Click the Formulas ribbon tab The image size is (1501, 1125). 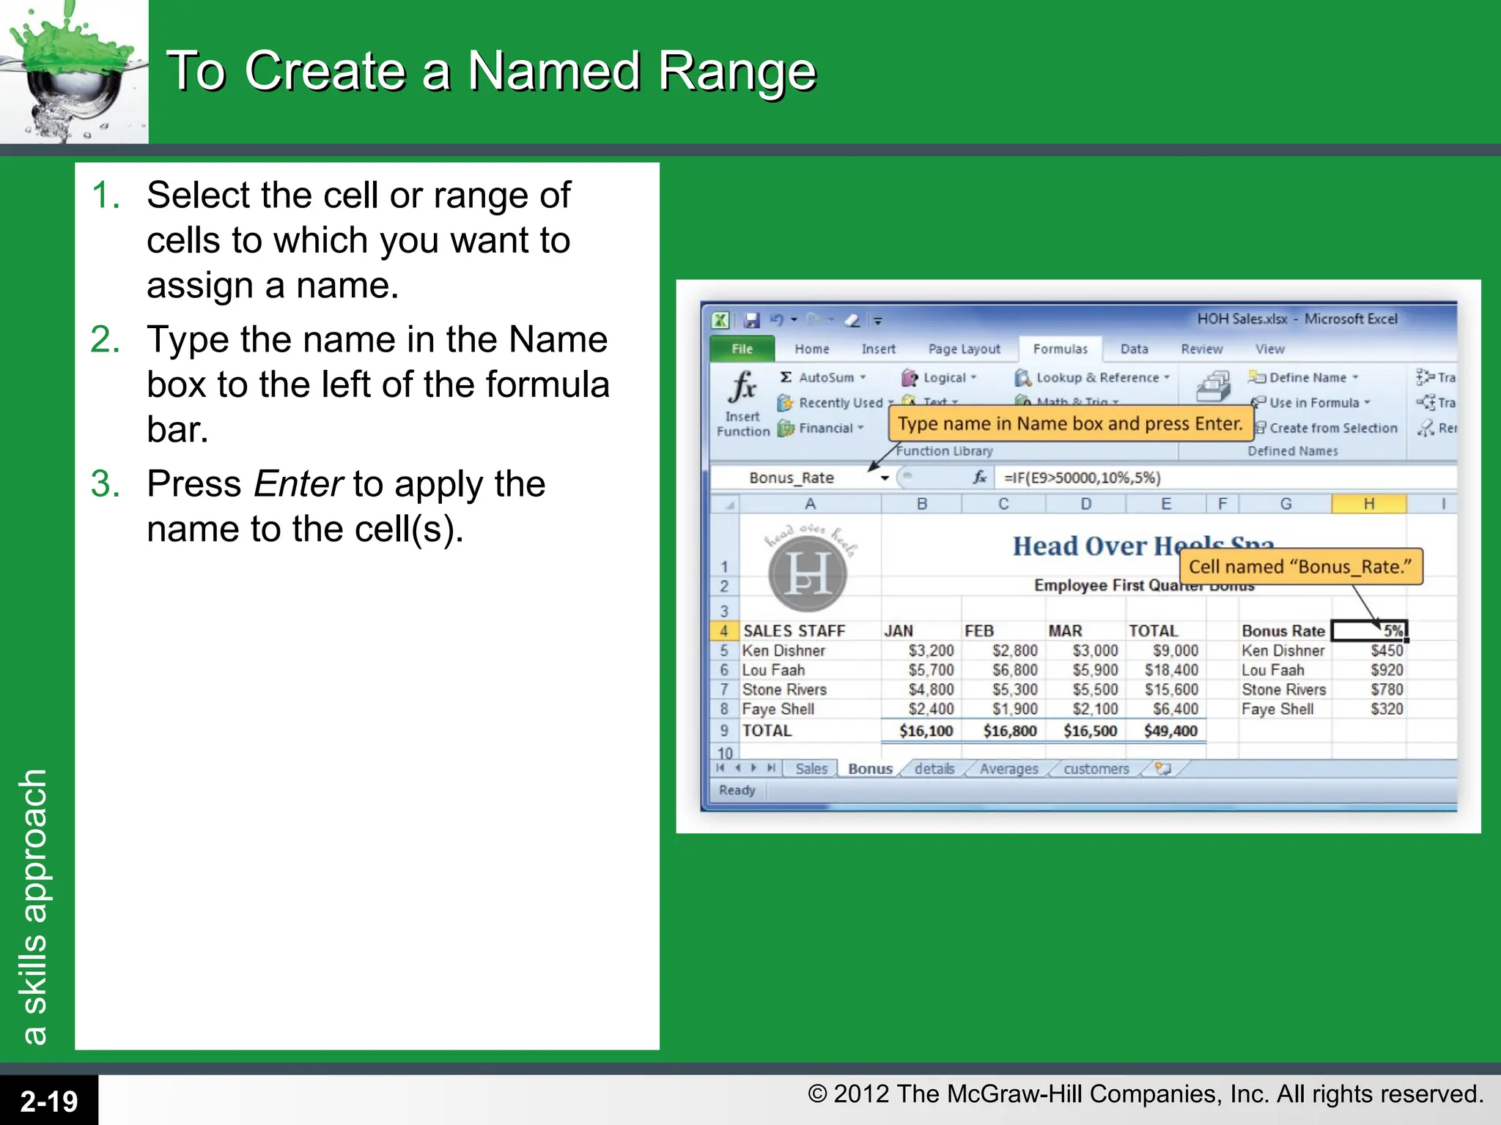(x=1060, y=349)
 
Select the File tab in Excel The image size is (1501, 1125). (x=742, y=349)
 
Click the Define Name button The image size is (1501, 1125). (x=1307, y=378)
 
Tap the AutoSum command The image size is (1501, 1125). (x=825, y=378)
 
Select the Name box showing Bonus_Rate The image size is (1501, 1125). (x=792, y=478)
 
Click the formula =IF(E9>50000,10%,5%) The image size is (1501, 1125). (x=1082, y=478)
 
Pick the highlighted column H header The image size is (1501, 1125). (x=1368, y=504)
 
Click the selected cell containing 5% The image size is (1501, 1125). (x=1369, y=631)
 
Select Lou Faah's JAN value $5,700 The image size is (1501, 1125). (x=931, y=670)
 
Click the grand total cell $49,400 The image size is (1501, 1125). (x=1170, y=731)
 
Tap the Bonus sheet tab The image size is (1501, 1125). (x=870, y=769)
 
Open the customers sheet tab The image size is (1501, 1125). (x=1096, y=769)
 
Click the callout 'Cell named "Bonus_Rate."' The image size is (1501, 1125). (x=1300, y=567)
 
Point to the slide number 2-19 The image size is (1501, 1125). (x=49, y=1101)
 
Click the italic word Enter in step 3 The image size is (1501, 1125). (x=298, y=484)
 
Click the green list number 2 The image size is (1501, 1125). (x=106, y=340)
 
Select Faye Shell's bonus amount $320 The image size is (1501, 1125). (x=1387, y=709)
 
